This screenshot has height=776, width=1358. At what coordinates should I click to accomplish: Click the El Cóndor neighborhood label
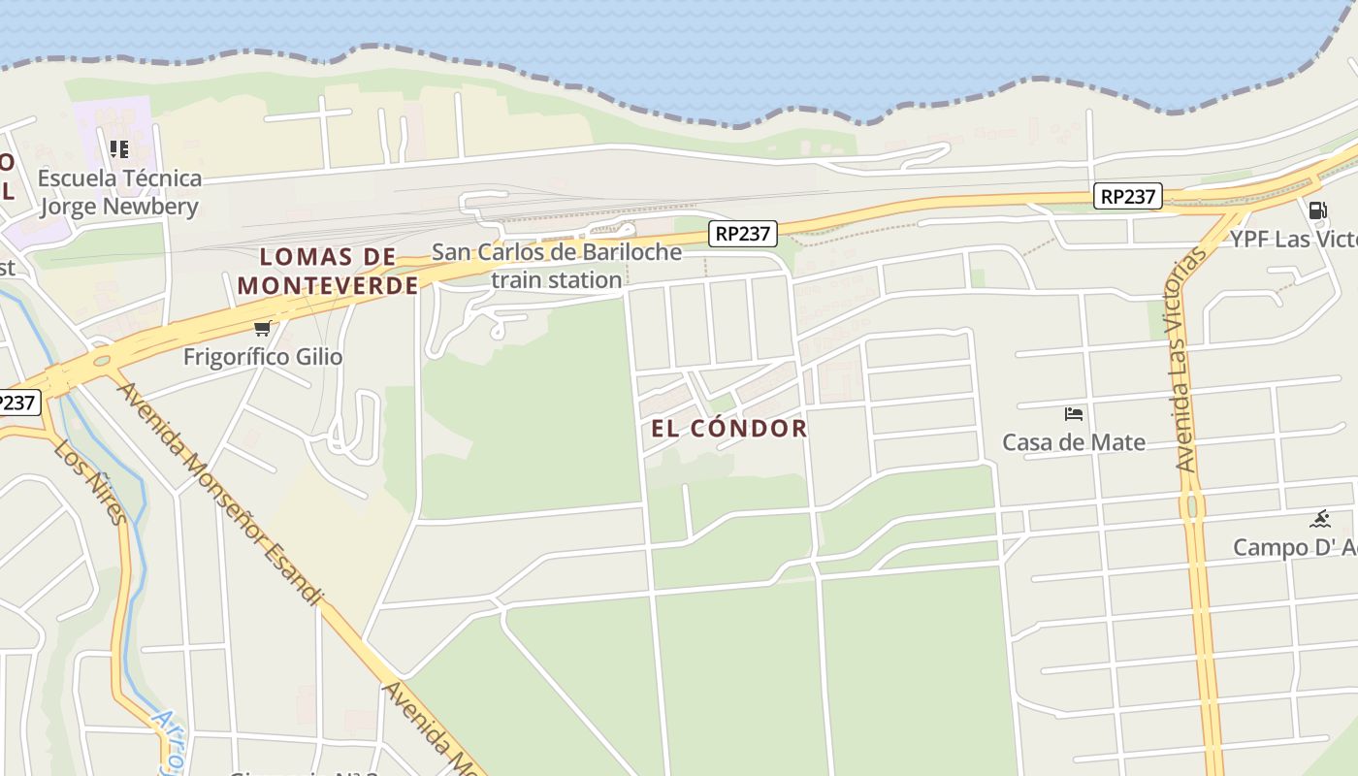[728, 429]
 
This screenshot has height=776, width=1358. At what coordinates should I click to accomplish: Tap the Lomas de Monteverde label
[328, 271]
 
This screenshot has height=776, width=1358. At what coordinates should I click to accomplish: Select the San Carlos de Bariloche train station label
[557, 266]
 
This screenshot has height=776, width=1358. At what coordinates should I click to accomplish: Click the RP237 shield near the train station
[743, 233]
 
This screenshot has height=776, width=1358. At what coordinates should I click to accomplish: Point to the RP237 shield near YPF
[1129, 196]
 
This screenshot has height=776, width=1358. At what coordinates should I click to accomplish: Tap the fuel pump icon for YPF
[1317, 210]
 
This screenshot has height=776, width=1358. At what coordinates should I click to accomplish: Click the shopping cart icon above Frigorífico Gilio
[262, 328]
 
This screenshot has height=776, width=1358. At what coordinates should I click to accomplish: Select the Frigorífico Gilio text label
[263, 357]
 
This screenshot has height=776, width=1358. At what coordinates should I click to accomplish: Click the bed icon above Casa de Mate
[1074, 414]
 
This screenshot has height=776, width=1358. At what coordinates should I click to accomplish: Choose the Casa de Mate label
[1074, 442]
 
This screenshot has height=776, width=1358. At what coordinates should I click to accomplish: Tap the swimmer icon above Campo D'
[1319, 519]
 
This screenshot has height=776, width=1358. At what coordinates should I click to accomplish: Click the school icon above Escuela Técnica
[119, 149]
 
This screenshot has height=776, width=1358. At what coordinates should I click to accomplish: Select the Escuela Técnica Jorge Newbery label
[119, 192]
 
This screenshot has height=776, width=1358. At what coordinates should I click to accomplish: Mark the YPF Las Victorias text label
[1294, 239]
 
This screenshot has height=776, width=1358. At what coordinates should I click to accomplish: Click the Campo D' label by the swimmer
[1294, 547]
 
